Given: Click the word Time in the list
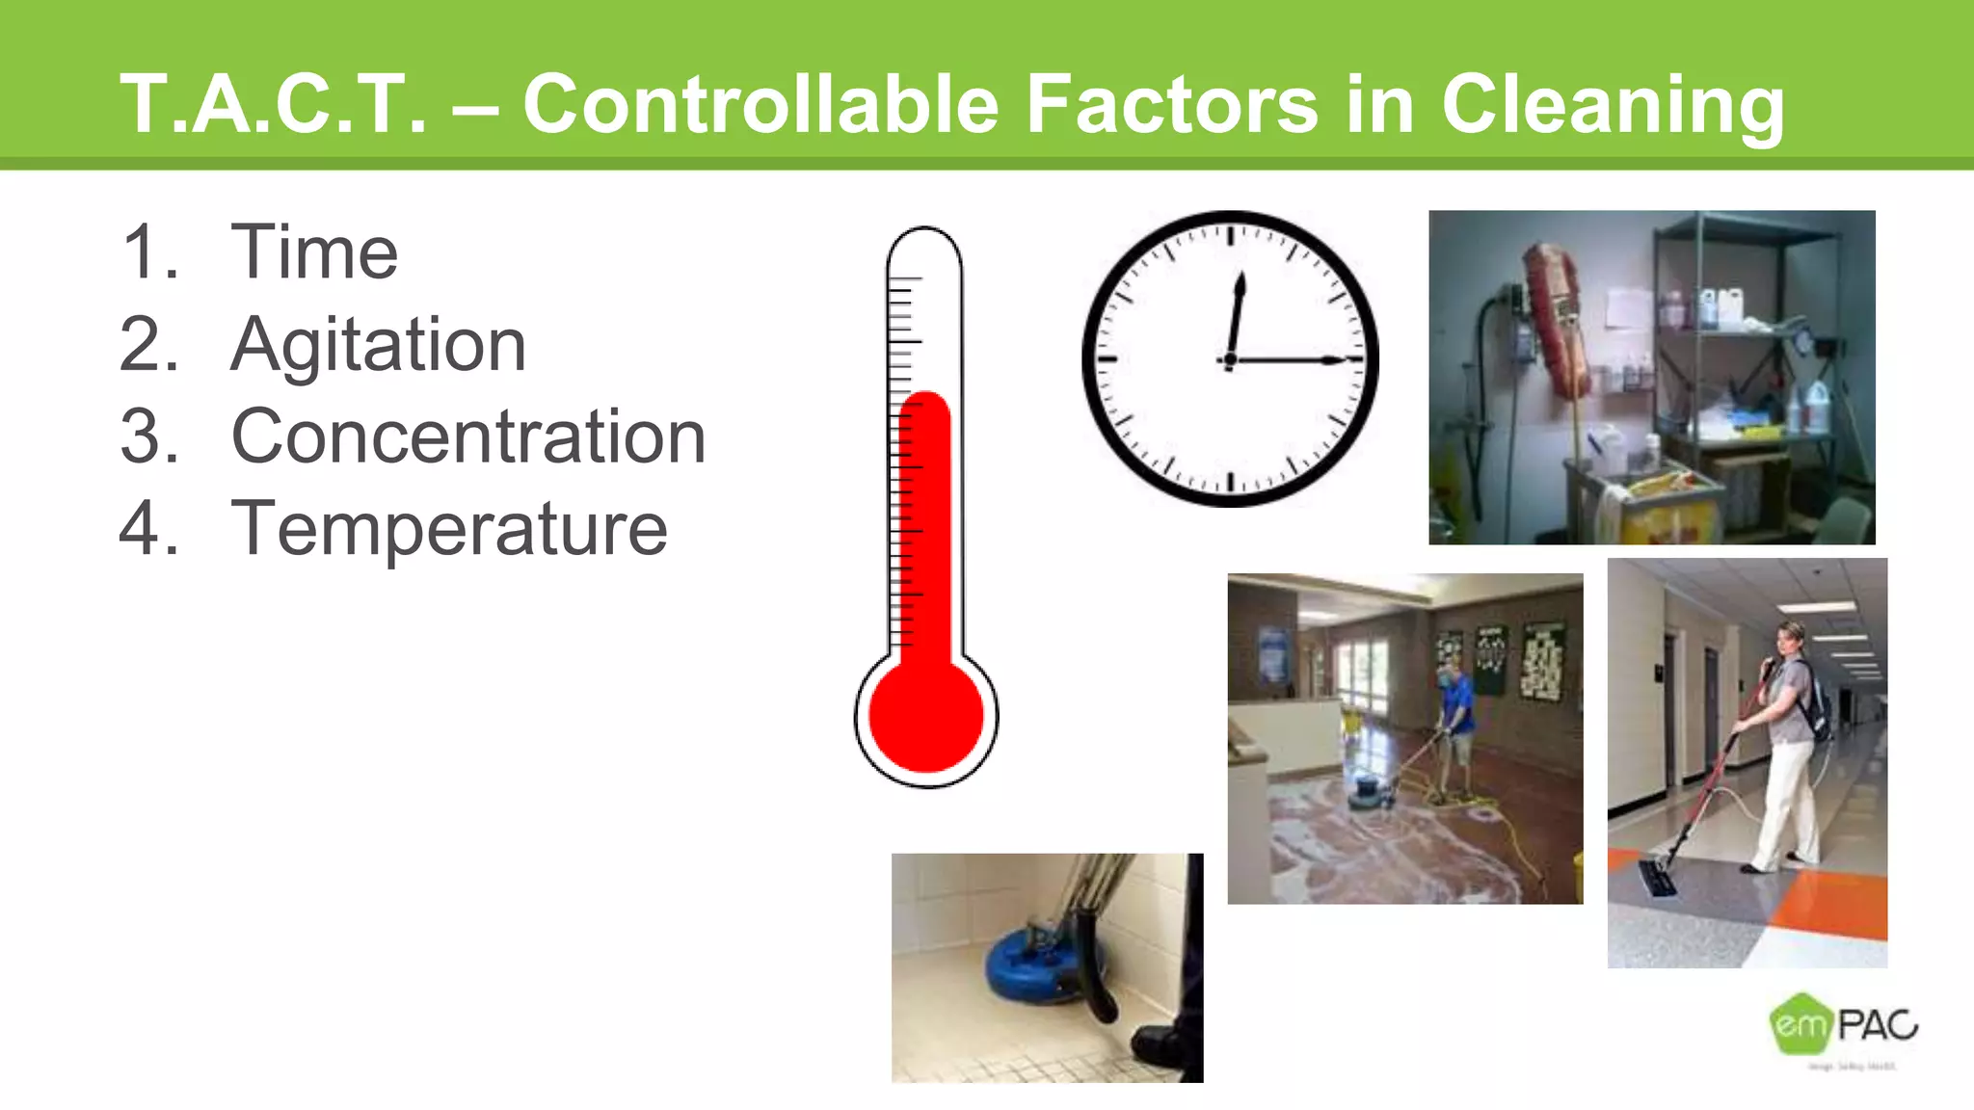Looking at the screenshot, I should pos(314,252).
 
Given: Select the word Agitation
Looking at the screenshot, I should pos(378,345).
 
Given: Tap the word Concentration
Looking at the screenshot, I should pos(468,436).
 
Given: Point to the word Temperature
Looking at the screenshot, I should pos(449,528).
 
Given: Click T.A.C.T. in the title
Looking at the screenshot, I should pos(272,104).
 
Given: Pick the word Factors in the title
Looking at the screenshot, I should pos(1170,104).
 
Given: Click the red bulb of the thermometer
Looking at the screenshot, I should pos(926,716).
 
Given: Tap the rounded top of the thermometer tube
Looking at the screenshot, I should pos(924,241).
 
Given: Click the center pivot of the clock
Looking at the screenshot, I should pos(1230,359).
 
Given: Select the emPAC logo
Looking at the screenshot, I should pos(1843,1025).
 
